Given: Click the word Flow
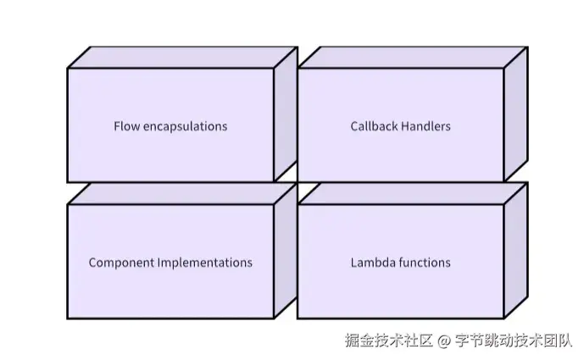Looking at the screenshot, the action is point(126,126).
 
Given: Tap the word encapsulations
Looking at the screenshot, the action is point(185,127).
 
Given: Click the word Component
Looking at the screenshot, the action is point(121,263).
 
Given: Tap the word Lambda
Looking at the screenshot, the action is point(373,263).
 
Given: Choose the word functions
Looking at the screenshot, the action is point(425,263).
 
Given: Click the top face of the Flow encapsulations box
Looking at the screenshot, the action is point(182,58).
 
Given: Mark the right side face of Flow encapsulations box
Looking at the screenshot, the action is point(286,114).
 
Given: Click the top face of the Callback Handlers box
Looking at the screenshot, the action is point(413,58).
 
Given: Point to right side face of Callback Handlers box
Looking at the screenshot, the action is point(516,114).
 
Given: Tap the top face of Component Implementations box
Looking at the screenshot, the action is point(182,194).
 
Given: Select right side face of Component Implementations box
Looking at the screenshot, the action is point(286,250).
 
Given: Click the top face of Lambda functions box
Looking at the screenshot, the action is point(413,194).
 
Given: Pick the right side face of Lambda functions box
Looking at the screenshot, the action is point(516,250).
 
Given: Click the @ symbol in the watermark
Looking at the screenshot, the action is point(443,341).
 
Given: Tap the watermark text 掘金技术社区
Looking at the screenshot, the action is point(388,341).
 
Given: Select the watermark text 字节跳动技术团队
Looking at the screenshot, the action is point(514,341).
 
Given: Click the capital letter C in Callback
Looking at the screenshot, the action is point(354,126).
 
